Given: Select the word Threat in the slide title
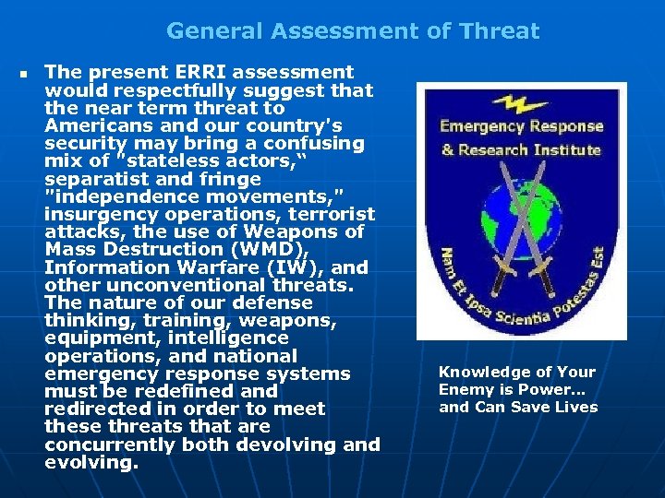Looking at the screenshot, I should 502,31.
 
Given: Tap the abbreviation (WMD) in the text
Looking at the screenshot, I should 280,249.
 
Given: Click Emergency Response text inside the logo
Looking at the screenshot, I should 520,126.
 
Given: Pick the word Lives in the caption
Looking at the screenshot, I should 574,408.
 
